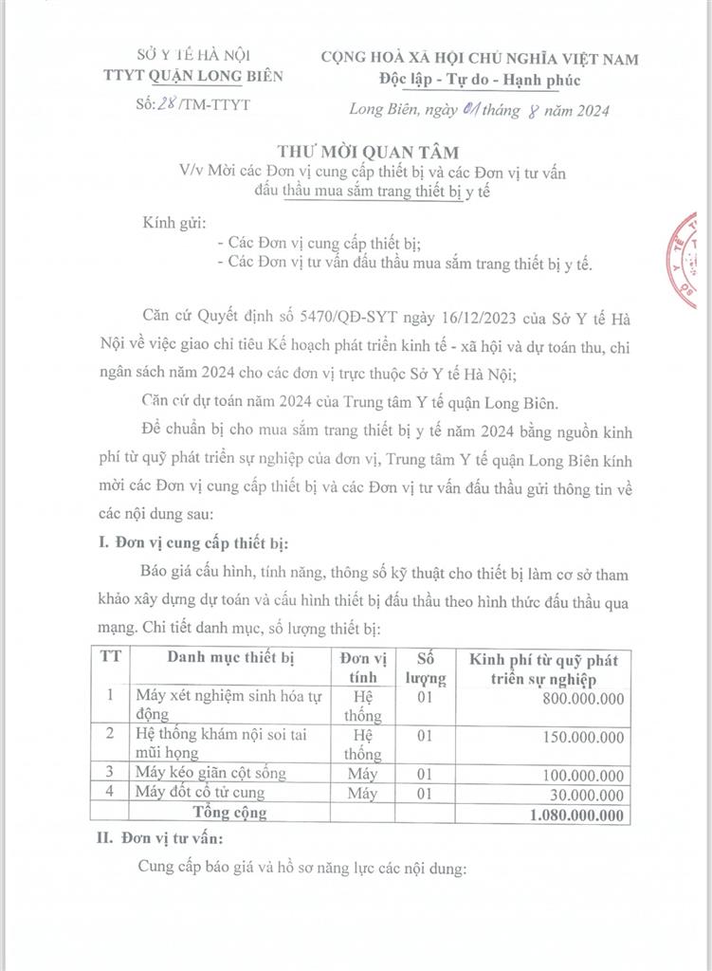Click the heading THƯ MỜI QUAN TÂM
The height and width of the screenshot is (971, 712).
356,152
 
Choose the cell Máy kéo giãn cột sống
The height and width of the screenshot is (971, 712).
211,773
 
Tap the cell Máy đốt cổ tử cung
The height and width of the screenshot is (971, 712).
200,793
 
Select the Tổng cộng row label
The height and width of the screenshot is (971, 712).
229,813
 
